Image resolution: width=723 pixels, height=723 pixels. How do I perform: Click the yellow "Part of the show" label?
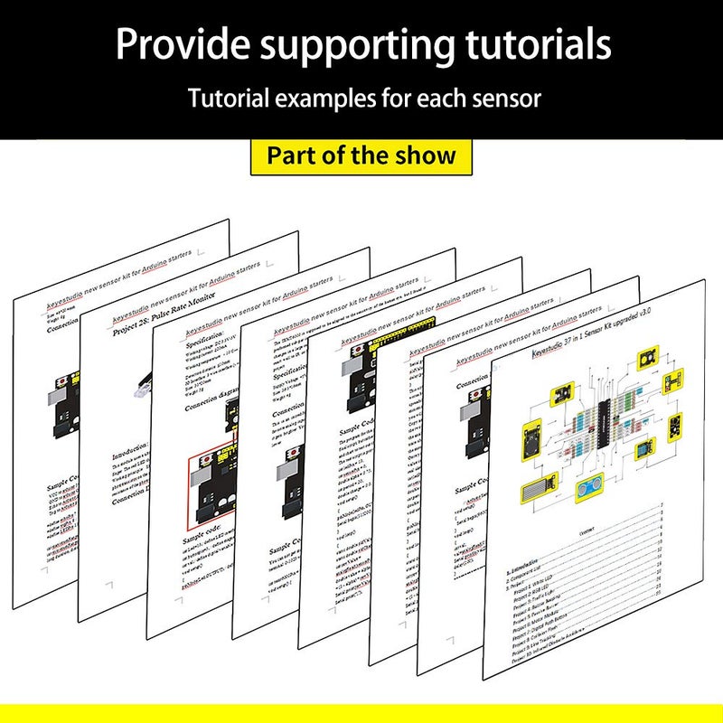click(361, 155)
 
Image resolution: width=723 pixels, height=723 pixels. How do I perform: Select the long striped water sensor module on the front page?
click(540, 488)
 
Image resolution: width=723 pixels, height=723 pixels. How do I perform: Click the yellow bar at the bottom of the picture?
click(361, 713)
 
